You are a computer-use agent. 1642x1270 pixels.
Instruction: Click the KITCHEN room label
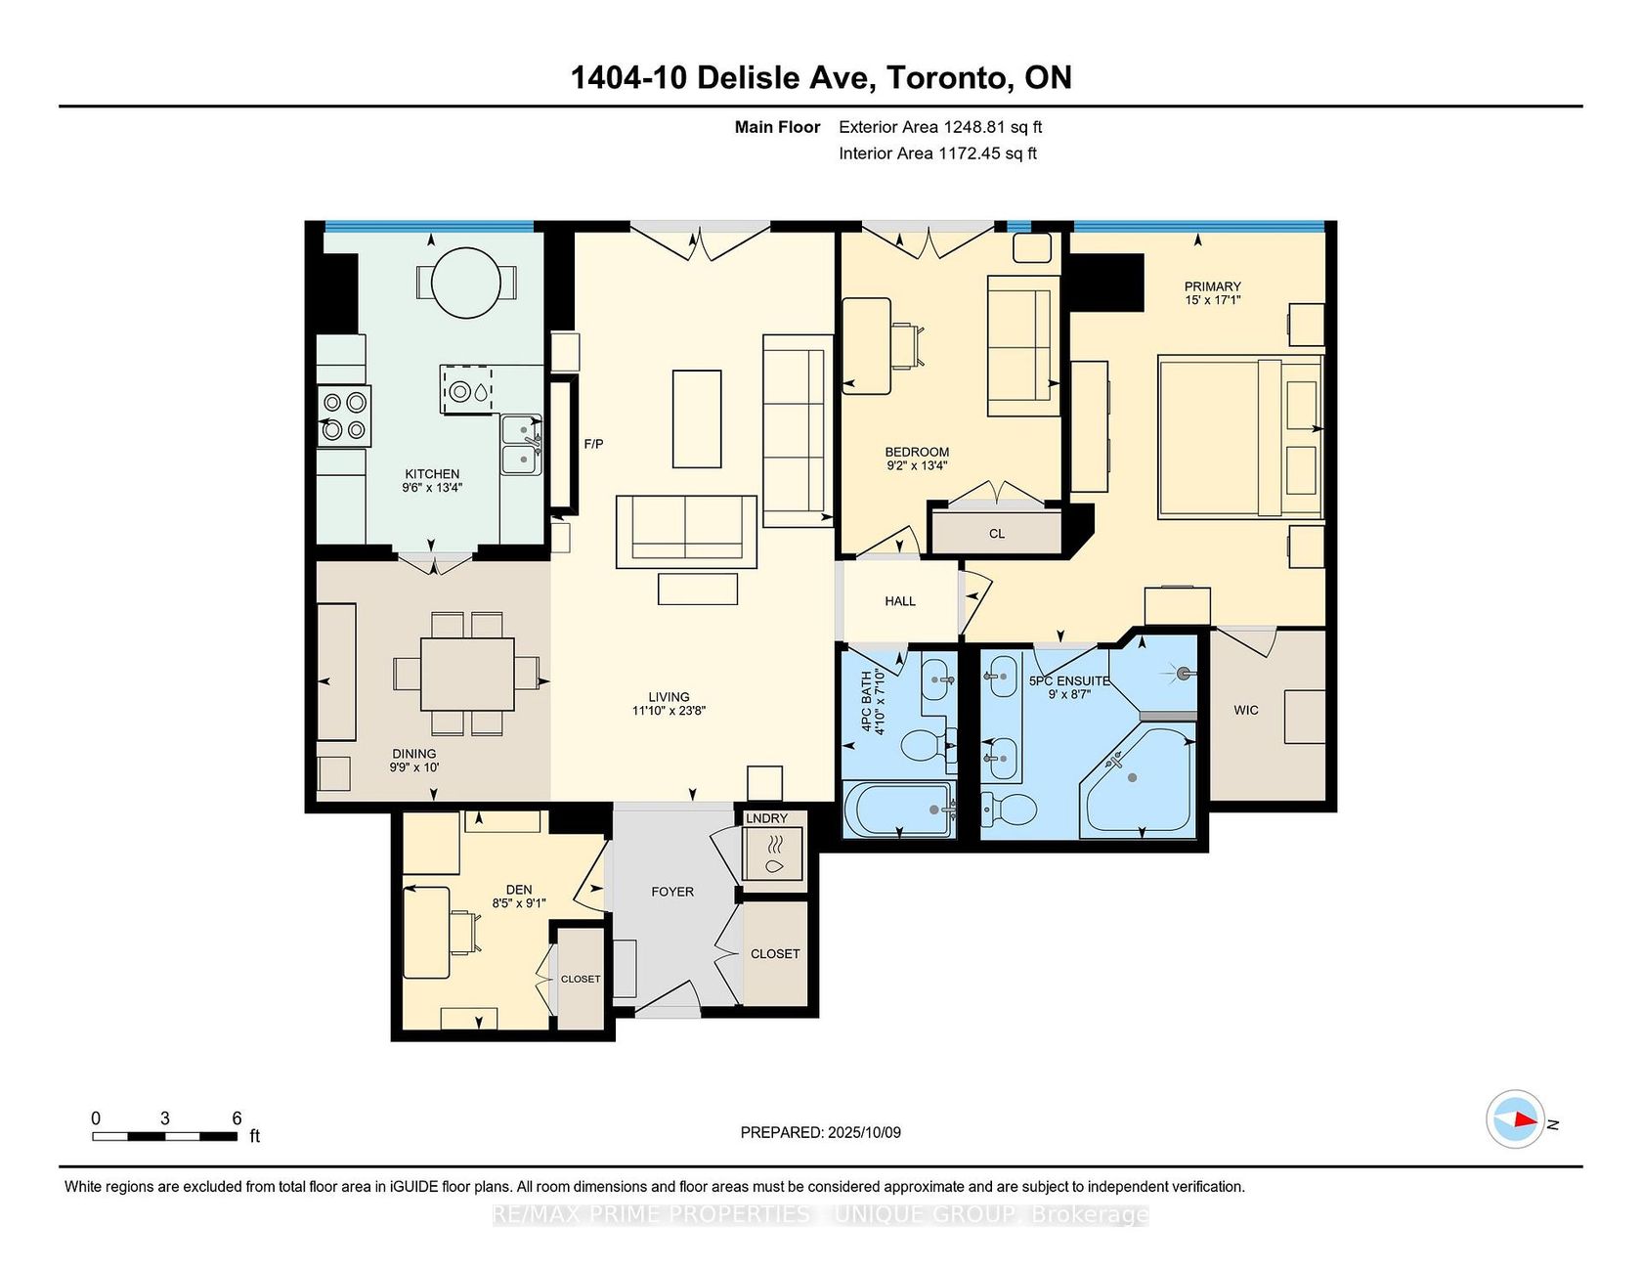pyautogui.click(x=432, y=474)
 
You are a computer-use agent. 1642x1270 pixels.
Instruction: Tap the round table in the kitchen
pyautogui.click(x=467, y=283)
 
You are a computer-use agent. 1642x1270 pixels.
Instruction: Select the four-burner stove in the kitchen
pyautogui.click(x=344, y=416)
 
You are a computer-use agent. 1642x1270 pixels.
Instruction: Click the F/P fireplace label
pyautogui.click(x=593, y=444)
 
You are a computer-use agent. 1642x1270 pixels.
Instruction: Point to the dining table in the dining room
pyautogui.click(x=467, y=674)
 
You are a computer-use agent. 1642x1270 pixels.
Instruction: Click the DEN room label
pyautogui.click(x=519, y=890)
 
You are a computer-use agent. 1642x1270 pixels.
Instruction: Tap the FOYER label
pyautogui.click(x=672, y=892)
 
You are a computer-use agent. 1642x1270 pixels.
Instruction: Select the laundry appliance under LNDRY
pyautogui.click(x=774, y=854)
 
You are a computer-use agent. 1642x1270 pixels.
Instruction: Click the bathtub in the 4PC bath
pyautogui.click(x=898, y=810)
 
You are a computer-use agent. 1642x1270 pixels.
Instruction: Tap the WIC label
pyautogui.click(x=1246, y=710)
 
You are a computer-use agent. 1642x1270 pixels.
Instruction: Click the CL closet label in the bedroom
pyautogui.click(x=997, y=534)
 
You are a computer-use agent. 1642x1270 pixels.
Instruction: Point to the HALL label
pyautogui.click(x=900, y=601)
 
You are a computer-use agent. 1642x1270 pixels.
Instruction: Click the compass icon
pyautogui.click(x=1515, y=1119)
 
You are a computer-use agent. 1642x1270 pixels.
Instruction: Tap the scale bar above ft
pyautogui.click(x=165, y=1136)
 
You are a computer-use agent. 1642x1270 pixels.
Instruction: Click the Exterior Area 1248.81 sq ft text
pyautogui.click(x=940, y=127)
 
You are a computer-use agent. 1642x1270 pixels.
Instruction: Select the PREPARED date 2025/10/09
pyautogui.click(x=864, y=1132)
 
